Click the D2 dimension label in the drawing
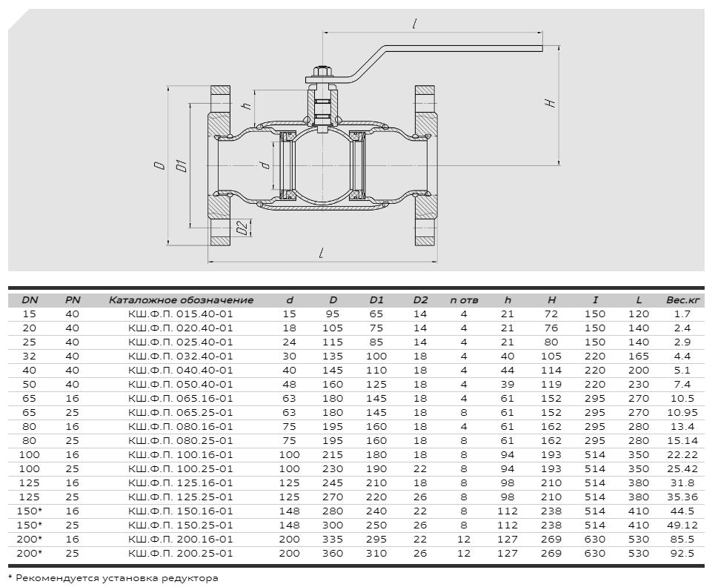click(x=244, y=227)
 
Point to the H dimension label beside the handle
click(x=551, y=103)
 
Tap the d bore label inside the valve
click(x=266, y=165)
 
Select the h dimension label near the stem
click(x=246, y=105)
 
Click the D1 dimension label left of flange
click(x=182, y=165)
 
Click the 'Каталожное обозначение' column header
click(x=181, y=300)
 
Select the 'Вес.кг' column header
click(x=682, y=300)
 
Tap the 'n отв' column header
click(x=464, y=300)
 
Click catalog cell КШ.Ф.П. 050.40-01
click(x=181, y=384)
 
